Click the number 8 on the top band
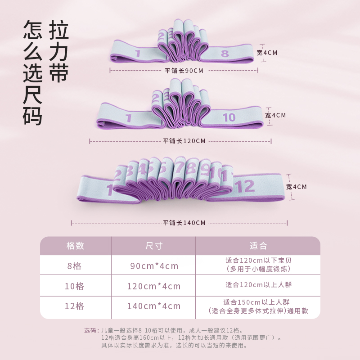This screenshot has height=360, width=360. (x=225, y=54)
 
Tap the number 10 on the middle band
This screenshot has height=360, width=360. (x=229, y=117)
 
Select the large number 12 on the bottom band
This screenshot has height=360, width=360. (x=245, y=186)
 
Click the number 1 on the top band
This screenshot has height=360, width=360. (x=138, y=54)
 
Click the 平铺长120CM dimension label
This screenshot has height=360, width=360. (x=184, y=141)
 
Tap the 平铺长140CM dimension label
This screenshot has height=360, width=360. (x=184, y=223)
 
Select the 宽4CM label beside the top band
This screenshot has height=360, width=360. (x=267, y=53)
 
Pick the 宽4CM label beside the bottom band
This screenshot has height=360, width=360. (x=297, y=186)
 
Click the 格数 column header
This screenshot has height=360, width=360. (x=75, y=246)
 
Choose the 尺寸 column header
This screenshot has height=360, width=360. (x=153, y=246)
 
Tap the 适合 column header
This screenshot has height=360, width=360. (x=258, y=246)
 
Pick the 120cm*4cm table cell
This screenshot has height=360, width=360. (x=153, y=286)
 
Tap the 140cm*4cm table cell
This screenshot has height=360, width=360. (x=153, y=306)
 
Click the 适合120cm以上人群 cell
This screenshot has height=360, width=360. (x=258, y=284)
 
